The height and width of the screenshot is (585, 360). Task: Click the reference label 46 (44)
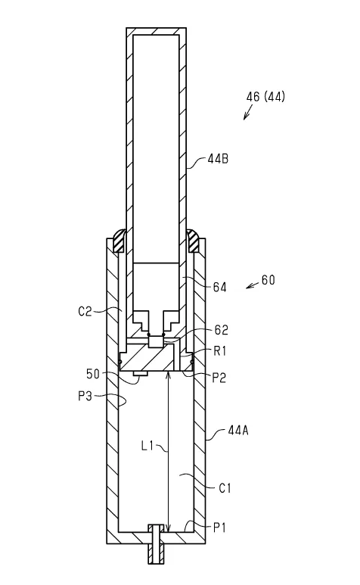click(x=265, y=97)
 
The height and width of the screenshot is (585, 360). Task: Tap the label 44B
click(x=218, y=159)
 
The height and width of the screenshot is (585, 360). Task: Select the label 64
click(x=219, y=288)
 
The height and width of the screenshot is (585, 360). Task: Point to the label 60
click(x=268, y=280)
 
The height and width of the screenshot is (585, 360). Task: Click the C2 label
click(x=85, y=311)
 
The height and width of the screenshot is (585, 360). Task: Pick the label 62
click(x=222, y=330)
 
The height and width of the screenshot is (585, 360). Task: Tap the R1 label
click(x=219, y=351)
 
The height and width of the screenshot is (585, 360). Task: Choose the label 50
click(x=93, y=374)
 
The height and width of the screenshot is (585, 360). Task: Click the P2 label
click(x=219, y=378)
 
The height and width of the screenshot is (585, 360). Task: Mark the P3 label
click(x=85, y=396)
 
